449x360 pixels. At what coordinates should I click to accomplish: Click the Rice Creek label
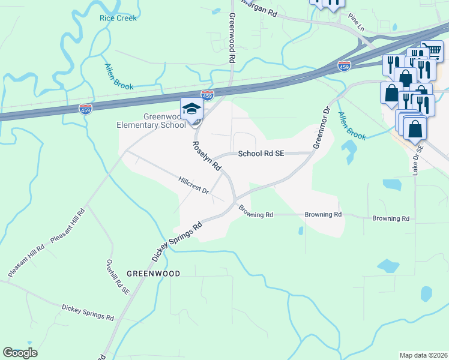pyautogui.click(x=118, y=18)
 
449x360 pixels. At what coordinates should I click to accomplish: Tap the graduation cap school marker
pyautogui.click(x=192, y=109)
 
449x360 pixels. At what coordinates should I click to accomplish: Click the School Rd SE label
pyautogui.click(x=261, y=154)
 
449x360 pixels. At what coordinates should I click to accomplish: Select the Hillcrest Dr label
pyautogui.click(x=193, y=185)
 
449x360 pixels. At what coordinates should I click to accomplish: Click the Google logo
pyautogui.click(x=20, y=353)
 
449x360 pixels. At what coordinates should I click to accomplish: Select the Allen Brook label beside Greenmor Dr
pyautogui.click(x=351, y=126)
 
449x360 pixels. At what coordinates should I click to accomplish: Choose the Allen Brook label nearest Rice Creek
pyautogui.click(x=118, y=77)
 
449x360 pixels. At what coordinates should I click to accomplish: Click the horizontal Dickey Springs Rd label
pyautogui.click(x=88, y=312)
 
